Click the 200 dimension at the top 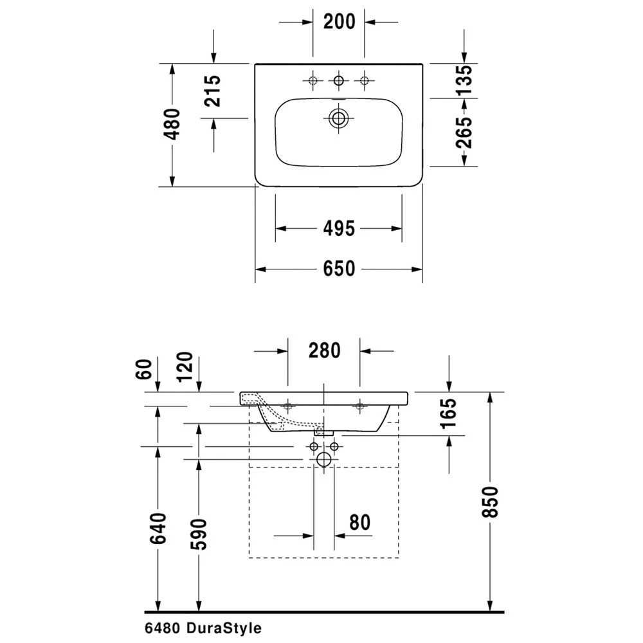pyautogui.click(x=339, y=22)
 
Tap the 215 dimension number pyautogui.click(x=213, y=91)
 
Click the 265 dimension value pyautogui.click(x=464, y=132)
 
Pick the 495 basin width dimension pyautogui.click(x=339, y=228)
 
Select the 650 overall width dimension pyautogui.click(x=339, y=269)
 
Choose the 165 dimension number pyautogui.click(x=448, y=413)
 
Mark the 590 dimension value pyautogui.click(x=199, y=533)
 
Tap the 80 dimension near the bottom pyautogui.click(x=361, y=523)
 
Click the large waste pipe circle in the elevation pyautogui.click(x=324, y=458)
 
